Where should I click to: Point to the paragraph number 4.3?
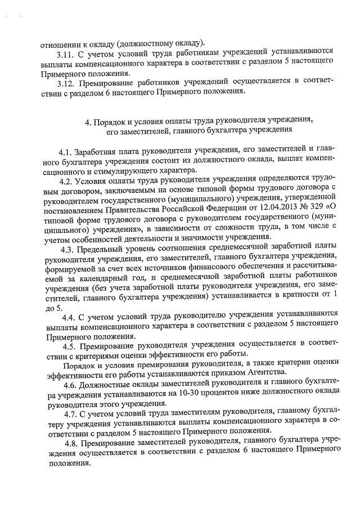click(70, 250)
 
